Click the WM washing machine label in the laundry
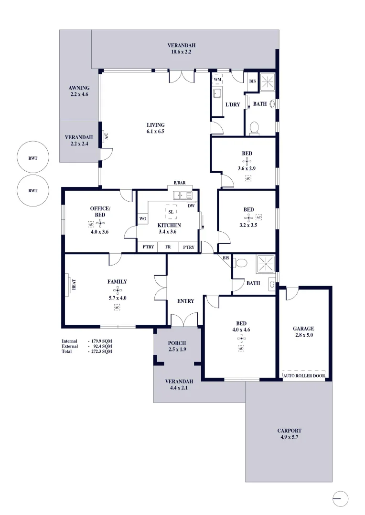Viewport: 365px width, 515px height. click(218, 79)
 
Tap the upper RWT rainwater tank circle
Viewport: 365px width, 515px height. click(33, 158)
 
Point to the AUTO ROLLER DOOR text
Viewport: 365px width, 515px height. click(304, 375)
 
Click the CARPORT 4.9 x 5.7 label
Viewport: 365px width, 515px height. click(290, 433)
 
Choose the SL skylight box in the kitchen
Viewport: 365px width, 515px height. click(171, 212)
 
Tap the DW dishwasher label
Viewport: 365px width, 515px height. click(191, 206)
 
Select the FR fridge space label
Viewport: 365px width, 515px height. click(168, 247)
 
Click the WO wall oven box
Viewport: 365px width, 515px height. click(142, 219)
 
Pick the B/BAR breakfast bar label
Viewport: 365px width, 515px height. click(180, 183)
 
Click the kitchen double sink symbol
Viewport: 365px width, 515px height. click(182, 195)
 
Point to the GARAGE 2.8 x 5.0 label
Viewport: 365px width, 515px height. click(303, 332)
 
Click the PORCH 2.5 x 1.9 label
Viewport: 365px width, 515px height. click(177, 346)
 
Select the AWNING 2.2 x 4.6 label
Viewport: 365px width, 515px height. click(79, 91)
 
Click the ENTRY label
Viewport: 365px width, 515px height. click(185, 301)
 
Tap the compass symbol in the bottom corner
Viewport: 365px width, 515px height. click(340, 499)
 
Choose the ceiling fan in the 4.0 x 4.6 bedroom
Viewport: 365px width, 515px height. click(242, 339)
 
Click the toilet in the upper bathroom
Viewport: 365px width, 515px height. click(254, 127)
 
